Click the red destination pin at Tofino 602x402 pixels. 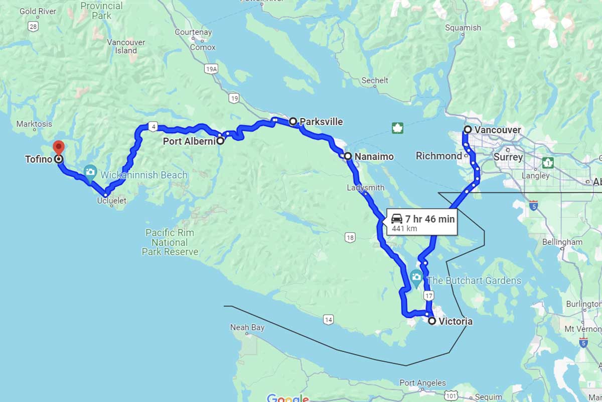click(59, 148)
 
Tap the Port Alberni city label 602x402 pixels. click(189, 142)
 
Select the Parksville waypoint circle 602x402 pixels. click(293, 121)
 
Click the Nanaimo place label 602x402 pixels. click(374, 157)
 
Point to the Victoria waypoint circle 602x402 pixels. click(432, 321)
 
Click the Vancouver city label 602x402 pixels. click(498, 130)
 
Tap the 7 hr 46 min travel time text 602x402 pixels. click(430, 219)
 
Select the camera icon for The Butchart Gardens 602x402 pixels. click(416, 276)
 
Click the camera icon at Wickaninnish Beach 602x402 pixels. click(90, 172)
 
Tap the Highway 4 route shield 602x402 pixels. click(152, 127)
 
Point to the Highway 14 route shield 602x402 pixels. click(328, 319)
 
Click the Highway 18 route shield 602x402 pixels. click(350, 237)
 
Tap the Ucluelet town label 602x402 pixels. click(111, 201)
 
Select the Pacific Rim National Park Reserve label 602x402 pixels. click(170, 242)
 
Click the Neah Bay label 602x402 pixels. click(247, 328)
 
